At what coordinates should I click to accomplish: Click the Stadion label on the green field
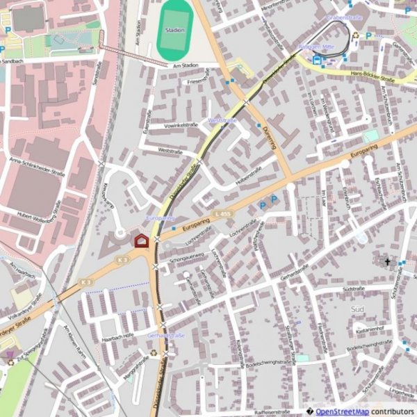(x=175, y=31)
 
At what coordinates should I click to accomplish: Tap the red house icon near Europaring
(x=141, y=240)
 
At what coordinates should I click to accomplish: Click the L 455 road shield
(x=222, y=213)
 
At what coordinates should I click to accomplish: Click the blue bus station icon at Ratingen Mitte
(x=317, y=60)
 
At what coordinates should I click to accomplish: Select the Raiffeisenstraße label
(x=275, y=411)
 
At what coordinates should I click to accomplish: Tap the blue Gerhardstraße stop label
(x=166, y=335)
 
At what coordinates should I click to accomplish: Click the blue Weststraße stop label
(x=222, y=120)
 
